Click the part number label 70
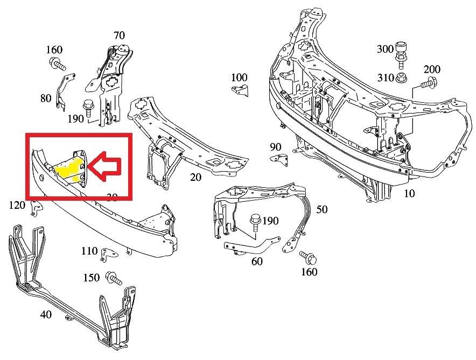click(119, 36)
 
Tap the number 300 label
click(385, 49)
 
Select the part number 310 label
click(385, 77)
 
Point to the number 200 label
click(431, 69)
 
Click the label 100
click(239, 78)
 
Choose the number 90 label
click(276, 147)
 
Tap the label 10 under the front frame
click(409, 193)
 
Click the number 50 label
click(321, 209)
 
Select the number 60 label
click(257, 262)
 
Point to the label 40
click(46, 314)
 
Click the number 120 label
click(17, 205)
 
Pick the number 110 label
click(89, 251)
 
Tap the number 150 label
click(92, 278)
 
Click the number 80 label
click(46, 98)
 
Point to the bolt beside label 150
click(114, 278)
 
